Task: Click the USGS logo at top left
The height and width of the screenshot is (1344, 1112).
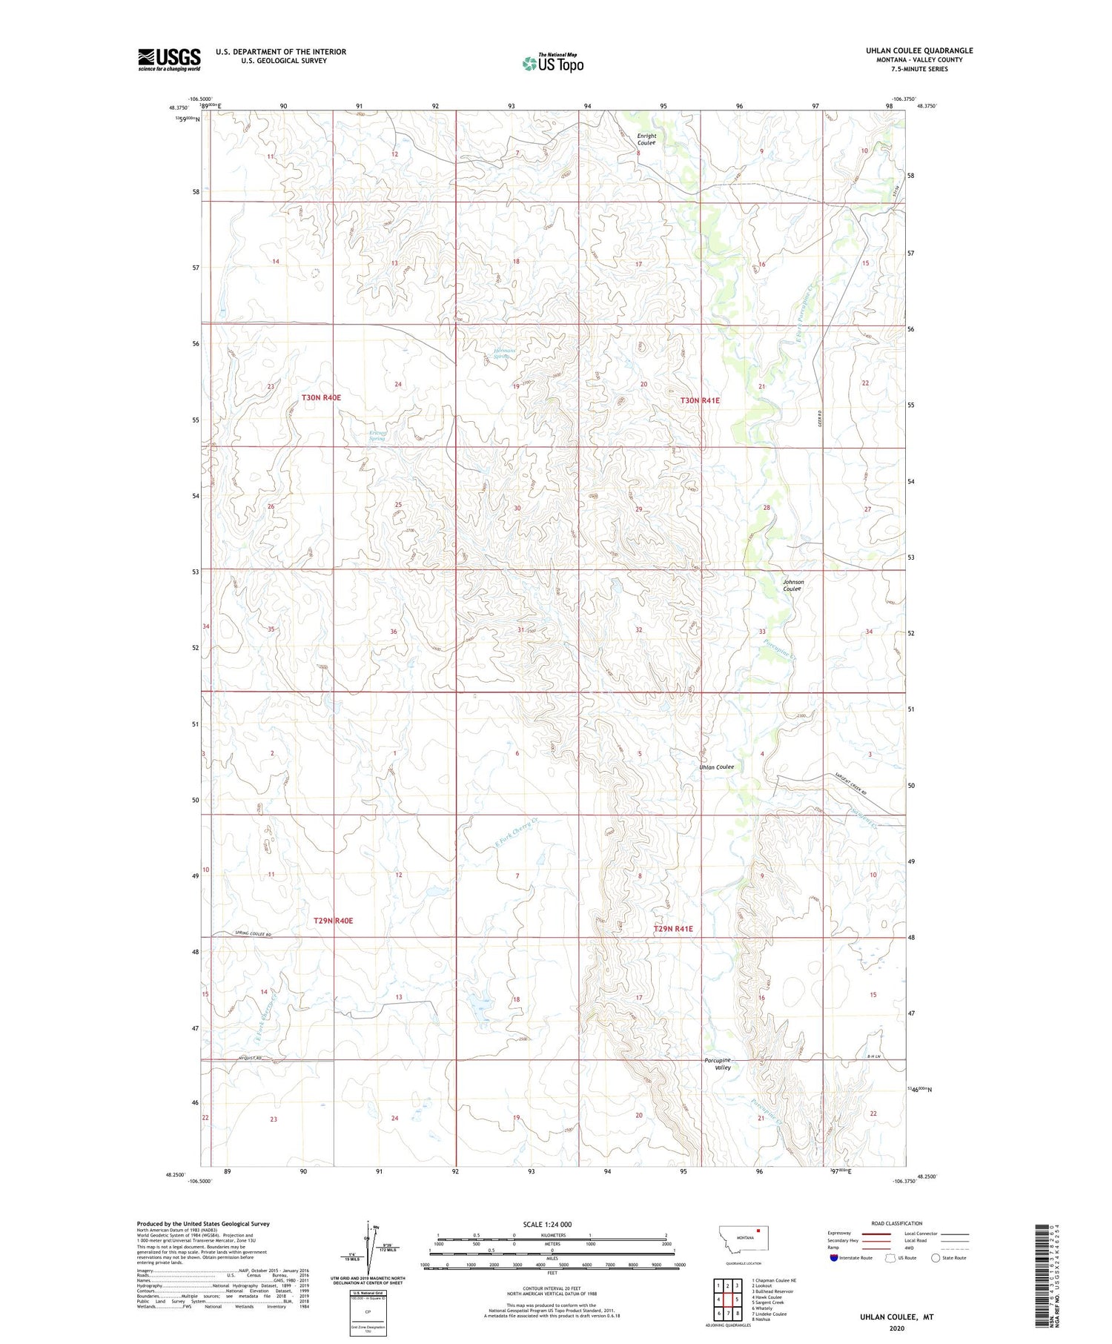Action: (169, 59)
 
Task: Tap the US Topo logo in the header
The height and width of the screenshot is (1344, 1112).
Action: (553, 64)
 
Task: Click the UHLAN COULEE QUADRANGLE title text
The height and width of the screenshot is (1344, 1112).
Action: (919, 50)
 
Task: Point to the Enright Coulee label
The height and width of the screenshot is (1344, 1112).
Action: (646, 139)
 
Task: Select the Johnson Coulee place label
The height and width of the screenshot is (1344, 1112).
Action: (792, 585)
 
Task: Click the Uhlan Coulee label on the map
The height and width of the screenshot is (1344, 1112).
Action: (716, 767)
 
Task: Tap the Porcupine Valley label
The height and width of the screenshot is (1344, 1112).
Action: (718, 1064)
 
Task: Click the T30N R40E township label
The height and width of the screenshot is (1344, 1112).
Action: (321, 398)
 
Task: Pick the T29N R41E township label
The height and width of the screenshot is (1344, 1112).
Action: (672, 929)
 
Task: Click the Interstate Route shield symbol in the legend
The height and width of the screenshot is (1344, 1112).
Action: (834, 1258)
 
